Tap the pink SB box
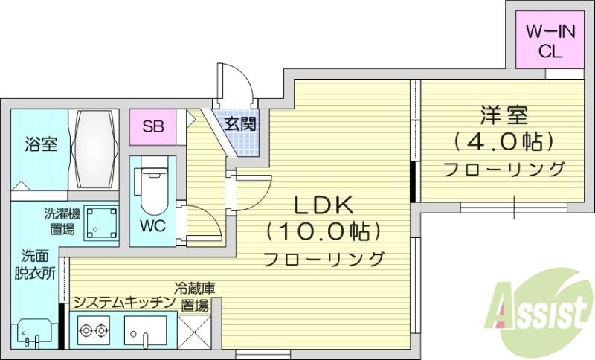[x=153, y=126]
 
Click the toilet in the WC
[x=152, y=186]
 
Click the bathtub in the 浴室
[x=94, y=147]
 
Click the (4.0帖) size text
[x=504, y=141]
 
